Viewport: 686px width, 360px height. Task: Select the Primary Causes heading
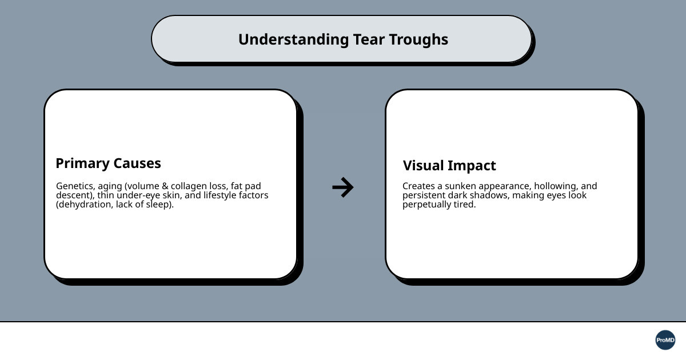coord(108,163)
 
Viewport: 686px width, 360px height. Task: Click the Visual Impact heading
coord(449,166)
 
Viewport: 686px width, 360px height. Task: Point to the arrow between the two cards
coord(343,187)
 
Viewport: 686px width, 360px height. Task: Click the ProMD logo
coord(665,340)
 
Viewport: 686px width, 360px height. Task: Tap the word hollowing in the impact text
coord(555,186)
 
